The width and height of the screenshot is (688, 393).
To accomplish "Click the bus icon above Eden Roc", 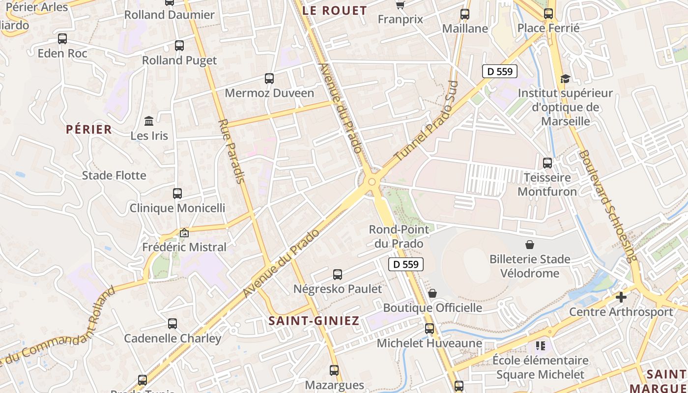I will pos(62,39).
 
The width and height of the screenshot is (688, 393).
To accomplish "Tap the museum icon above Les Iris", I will pos(149,121).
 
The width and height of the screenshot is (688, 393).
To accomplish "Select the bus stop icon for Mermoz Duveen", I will pos(269,78).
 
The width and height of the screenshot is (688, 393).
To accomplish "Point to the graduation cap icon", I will pos(565,79).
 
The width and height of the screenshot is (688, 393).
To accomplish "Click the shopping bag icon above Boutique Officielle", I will pos(432,293).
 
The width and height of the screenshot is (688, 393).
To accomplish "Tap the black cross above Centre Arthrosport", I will pos(621,297).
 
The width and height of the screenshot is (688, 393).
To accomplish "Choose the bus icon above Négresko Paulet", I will pos(338,275).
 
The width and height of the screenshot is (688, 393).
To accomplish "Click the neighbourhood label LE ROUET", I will pos(335,10).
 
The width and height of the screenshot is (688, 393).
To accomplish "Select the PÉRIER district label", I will pos(89,129).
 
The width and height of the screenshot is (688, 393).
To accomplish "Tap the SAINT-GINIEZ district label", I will pos(314,321).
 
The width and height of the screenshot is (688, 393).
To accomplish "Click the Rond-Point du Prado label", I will pos(399,236).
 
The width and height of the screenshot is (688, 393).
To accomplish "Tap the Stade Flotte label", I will pos(114,175).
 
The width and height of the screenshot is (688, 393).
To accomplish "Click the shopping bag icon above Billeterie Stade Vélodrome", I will pos(530,245).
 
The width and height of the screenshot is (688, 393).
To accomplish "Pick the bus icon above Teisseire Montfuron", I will pos(547,163).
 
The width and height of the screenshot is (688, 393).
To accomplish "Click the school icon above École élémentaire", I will pos(541,346).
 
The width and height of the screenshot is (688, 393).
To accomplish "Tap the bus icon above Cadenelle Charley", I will pos(172,324).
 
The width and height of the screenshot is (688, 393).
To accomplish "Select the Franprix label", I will pos(401,19).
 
